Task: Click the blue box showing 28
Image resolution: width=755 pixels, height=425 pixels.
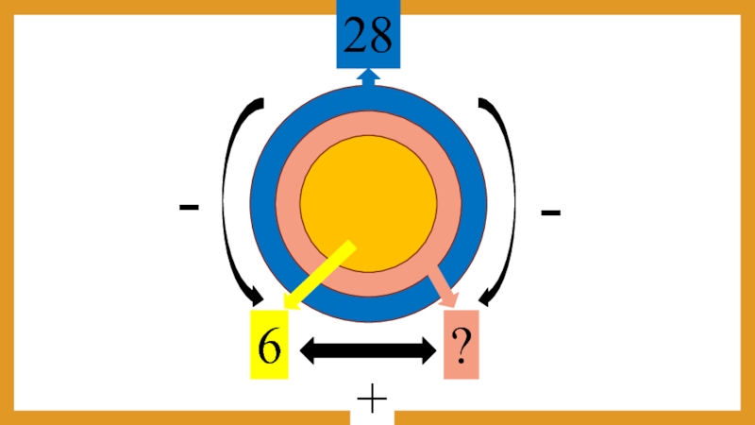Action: (x=369, y=35)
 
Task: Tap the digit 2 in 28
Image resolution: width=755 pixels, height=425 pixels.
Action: (x=356, y=36)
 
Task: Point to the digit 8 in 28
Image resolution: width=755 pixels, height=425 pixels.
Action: (x=381, y=36)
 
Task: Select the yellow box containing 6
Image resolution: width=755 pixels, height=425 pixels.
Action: (x=269, y=346)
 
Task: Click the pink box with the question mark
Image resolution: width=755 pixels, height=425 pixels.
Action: (x=461, y=346)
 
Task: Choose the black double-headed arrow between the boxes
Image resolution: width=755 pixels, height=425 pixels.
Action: (x=367, y=351)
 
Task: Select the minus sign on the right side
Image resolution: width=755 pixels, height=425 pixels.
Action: (x=551, y=213)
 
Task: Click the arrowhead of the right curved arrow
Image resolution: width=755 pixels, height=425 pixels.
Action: (x=489, y=297)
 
